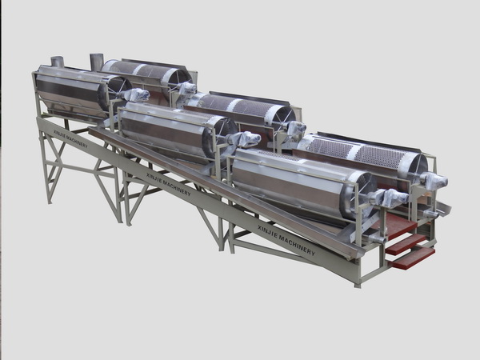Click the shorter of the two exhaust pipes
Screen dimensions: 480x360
click(57, 62)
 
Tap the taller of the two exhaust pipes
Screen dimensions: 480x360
click(96, 62)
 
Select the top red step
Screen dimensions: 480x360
click(401, 226)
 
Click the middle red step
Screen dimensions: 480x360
click(406, 244)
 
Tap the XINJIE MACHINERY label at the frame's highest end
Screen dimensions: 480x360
click(70, 138)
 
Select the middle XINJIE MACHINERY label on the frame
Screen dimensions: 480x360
click(168, 184)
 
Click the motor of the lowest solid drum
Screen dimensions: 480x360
click(391, 197)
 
